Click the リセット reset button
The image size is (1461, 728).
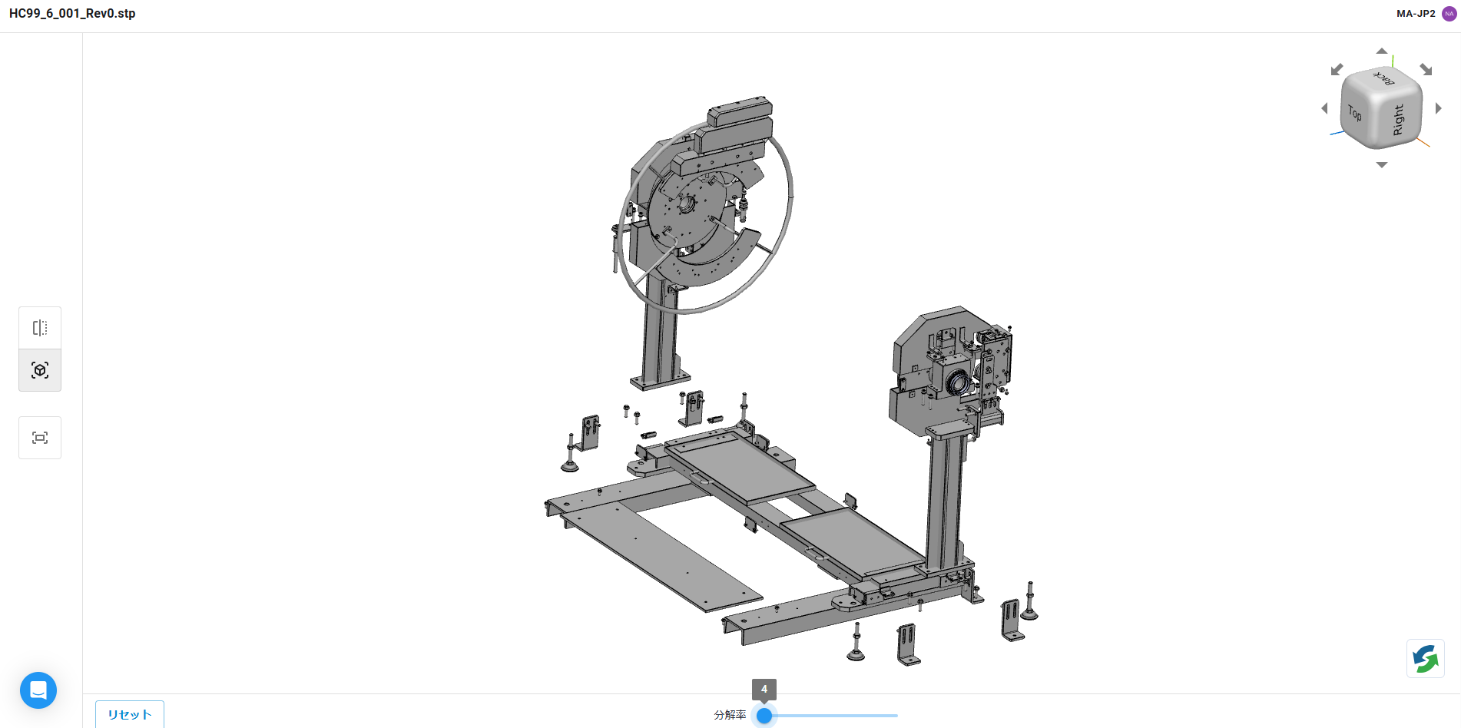(130, 714)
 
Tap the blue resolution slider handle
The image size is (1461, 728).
(764, 716)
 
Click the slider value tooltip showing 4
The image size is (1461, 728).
(764, 689)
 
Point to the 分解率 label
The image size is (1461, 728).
(730, 715)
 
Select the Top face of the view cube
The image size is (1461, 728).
(1355, 114)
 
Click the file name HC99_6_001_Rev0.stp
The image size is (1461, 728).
(72, 14)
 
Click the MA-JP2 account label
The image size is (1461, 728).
(1416, 14)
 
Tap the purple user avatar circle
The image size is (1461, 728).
(1449, 14)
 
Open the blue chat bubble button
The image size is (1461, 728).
(38, 690)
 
